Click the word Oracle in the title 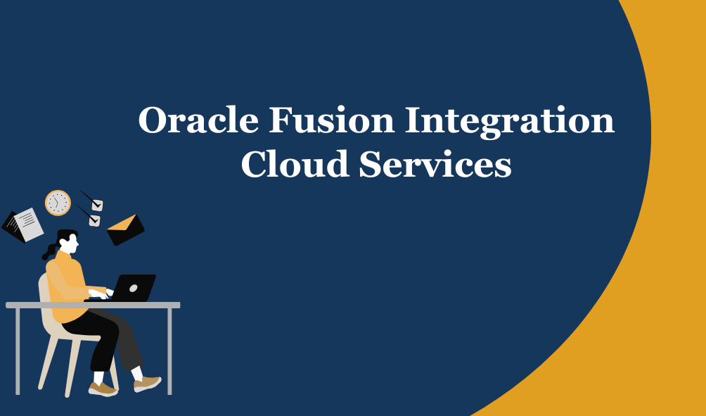(x=198, y=120)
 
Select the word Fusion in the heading (x=332, y=120)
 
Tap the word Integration (x=510, y=122)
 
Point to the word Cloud (x=295, y=163)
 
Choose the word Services (x=435, y=163)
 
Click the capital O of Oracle (x=153, y=120)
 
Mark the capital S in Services (x=369, y=163)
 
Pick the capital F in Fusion (x=281, y=120)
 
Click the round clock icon (x=58, y=203)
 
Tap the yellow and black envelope (x=126, y=230)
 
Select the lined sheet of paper (x=27, y=224)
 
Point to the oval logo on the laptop (x=134, y=288)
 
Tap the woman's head (x=68, y=241)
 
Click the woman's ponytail (x=49, y=251)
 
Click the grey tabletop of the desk (x=93, y=305)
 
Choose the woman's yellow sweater (x=68, y=286)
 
